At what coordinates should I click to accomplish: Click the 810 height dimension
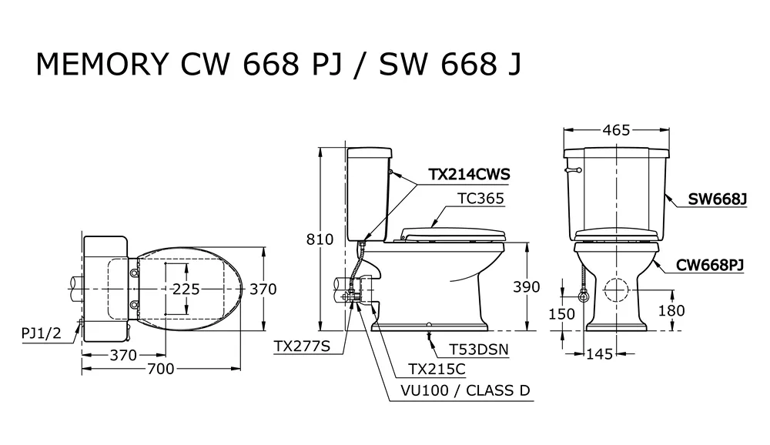click(x=320, y=239)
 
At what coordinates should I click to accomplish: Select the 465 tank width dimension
click(x=616, y=130)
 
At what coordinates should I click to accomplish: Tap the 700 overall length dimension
click(x=161, y=368)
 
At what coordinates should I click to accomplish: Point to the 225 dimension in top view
click(x=186, y=289)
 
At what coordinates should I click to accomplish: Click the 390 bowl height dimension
click(x=527, y=287)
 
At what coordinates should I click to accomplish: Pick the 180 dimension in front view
click(x=671, y=310)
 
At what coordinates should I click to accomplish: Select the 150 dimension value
click(x=561, y=314)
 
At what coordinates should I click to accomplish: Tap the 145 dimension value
click(x=600, y=353)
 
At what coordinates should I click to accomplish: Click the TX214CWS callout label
click(x=469, y=174)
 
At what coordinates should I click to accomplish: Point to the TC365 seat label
click(x=480, y=199)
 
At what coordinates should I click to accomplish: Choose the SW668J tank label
click(x=717, y=199)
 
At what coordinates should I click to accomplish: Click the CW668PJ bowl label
click(x=710, y=266)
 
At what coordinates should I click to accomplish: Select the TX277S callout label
click(x=302, y=346)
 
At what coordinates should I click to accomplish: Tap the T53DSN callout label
click(x=479, y=350)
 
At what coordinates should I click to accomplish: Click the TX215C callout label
click(x=437, y=369)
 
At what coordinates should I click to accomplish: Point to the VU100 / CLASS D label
click(x=466, y=391)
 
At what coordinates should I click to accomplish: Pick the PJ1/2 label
click(x=42, y=333)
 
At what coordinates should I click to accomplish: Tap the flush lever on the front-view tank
click(x=573, y=170)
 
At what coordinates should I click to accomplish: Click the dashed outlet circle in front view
click(x=616, y=289)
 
